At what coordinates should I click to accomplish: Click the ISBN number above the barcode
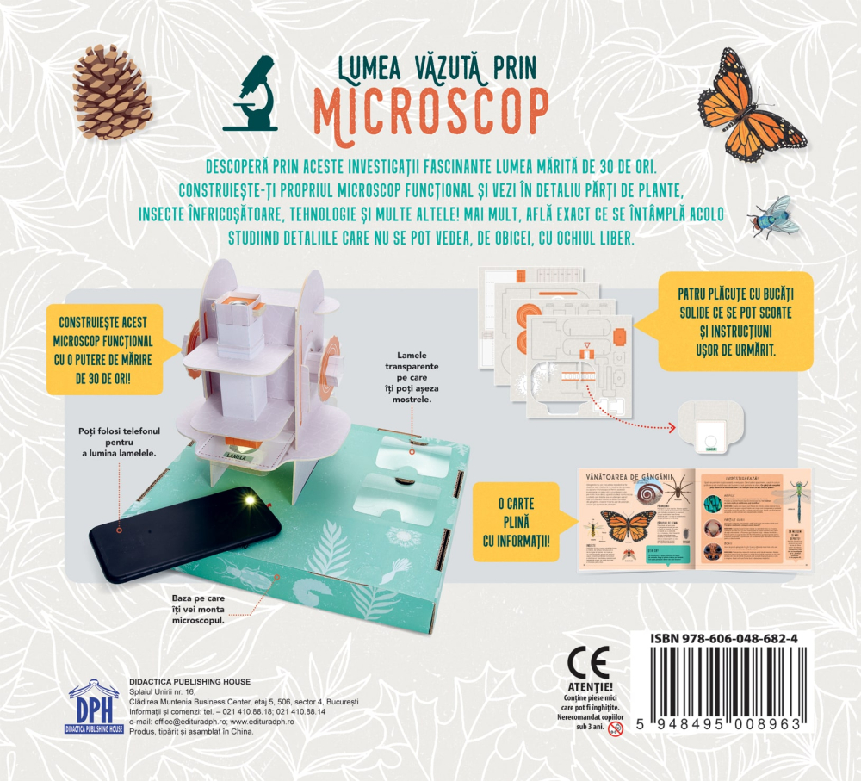tap(722, 638)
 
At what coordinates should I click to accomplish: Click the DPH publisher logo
tap(95, 708)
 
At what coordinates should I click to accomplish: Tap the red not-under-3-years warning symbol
tap(615, 728)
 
